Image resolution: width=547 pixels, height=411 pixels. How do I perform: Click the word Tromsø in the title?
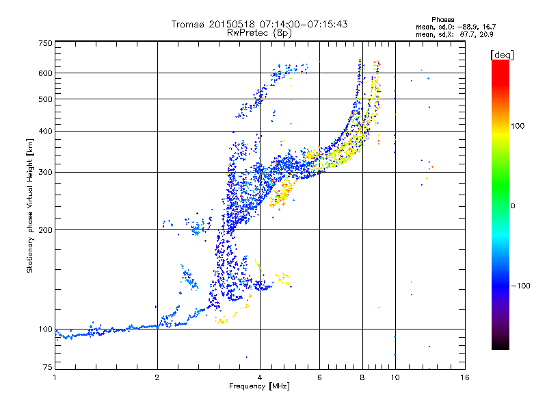188,24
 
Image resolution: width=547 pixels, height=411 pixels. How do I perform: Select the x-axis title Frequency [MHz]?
259,386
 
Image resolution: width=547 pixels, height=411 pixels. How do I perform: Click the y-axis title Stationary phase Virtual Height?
30,206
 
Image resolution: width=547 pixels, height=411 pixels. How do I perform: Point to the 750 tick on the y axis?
46,42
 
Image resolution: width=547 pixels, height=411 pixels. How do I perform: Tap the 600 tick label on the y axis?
46,73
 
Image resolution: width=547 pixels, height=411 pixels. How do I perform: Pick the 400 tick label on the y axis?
46,131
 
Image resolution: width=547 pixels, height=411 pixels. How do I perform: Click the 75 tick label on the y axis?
48,369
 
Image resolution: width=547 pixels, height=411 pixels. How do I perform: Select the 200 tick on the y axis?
46,229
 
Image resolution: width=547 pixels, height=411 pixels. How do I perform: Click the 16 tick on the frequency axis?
465,377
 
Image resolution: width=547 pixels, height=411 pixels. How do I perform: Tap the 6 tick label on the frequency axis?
319,377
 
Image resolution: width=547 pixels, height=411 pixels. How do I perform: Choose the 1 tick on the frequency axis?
55,377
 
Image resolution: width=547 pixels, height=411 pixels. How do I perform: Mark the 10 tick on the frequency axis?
395,377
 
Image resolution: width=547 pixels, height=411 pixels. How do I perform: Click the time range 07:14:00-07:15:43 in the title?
301,24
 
